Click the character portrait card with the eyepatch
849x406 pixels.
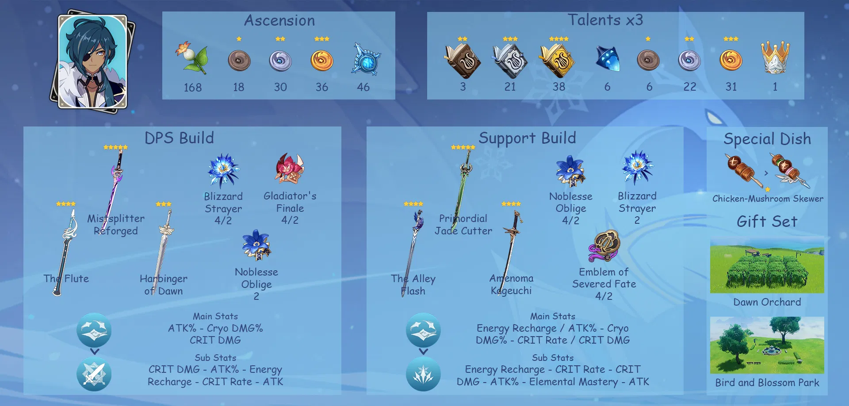click(93, 62)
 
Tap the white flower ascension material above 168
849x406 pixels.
click(193, 58)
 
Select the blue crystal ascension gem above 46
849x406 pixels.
click(366, 60)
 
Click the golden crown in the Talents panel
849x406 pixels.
click(775, 57)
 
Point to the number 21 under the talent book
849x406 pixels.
click(510, 87)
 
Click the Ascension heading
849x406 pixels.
click(279, 20)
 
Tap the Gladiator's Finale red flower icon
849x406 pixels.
click(290, 169)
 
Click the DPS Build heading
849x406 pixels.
click(179, 138)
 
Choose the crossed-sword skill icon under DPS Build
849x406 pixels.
click(94, 374)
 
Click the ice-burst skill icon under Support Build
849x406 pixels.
click(423, 374)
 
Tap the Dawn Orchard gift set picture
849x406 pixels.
click(767, 267)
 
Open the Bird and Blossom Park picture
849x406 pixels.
click(767, 345)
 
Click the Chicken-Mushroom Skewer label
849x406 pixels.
click(768, 199)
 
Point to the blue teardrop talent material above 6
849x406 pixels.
click(607, 58)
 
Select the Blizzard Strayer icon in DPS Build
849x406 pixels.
click(223, 171)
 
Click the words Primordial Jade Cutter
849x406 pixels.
click(463, 225)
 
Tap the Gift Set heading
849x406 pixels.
click(767, 221)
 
